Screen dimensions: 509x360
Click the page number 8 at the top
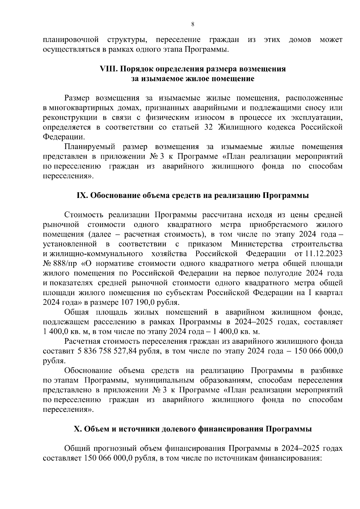tap(192, 25)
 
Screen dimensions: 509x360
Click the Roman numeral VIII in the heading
tap(109, 69)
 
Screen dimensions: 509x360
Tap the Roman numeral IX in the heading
tap(82, 196)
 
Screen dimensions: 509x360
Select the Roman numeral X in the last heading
tap(77, 429)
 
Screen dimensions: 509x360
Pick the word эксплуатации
tap(318, 117)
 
